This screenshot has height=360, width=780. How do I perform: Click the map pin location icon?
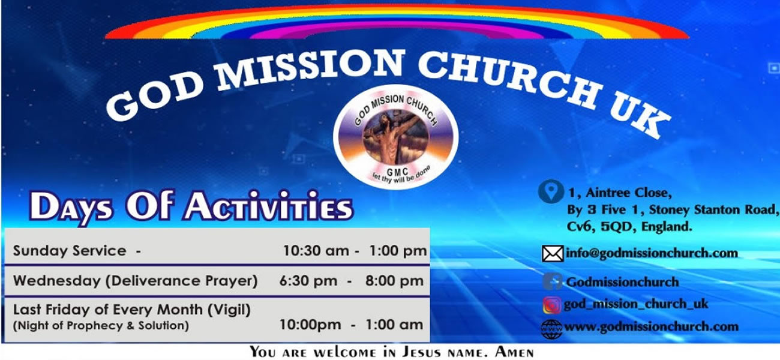[551, 191]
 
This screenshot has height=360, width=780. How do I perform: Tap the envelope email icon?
[553, 253]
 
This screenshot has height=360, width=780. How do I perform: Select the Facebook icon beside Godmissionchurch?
[553, 281]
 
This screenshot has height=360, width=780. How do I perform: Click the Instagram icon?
[552, 305]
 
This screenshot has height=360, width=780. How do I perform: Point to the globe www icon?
[551, 329]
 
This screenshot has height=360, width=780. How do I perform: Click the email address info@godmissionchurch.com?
[652, 253]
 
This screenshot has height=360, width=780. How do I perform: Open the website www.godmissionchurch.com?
[651, 326]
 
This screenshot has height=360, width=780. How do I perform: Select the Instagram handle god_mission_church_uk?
[636, 304]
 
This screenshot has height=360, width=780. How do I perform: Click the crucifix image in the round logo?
[395, 138]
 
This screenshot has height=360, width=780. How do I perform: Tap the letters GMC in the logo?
[397, 172]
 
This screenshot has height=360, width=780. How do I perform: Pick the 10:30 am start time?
[316, 251]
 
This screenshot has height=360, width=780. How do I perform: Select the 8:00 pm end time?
[394, 281]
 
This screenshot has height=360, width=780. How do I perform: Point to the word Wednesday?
[57, 281]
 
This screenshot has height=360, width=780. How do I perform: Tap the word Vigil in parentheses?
[229, 310]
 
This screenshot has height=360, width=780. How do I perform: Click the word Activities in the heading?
[268, 207]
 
